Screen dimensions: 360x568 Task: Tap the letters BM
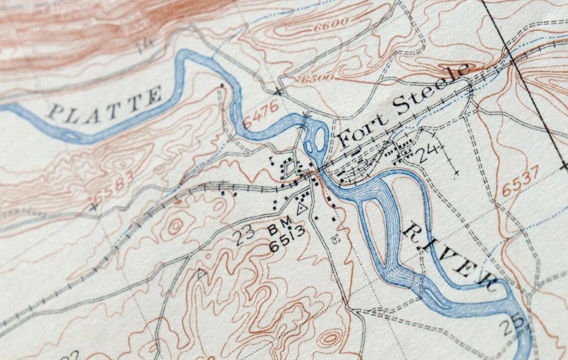pyautogui.click(x=280, y=229)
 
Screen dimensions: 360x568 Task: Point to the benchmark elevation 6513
pyautogui.click(x=287, y=244)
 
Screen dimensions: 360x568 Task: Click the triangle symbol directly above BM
pyautogui.click(x=301, y=209)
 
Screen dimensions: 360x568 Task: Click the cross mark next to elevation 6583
pyautogui.click(x=94, y=206)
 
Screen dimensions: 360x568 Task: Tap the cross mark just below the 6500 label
pyautogui.click(x=278, y=92)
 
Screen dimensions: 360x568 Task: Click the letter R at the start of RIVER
pyautogui.click(x=413, y=230)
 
